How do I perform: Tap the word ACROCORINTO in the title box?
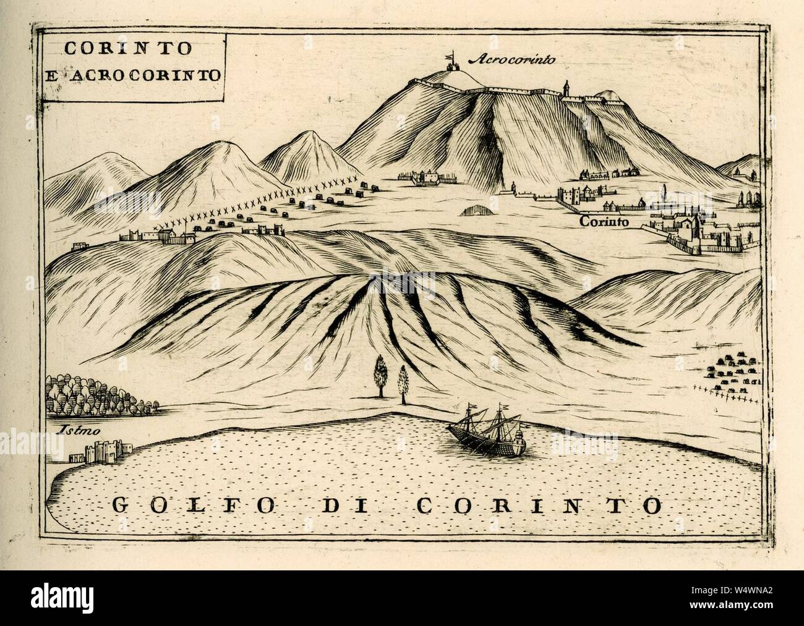click(148, 75)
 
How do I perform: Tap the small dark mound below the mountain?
click(476, 211)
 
